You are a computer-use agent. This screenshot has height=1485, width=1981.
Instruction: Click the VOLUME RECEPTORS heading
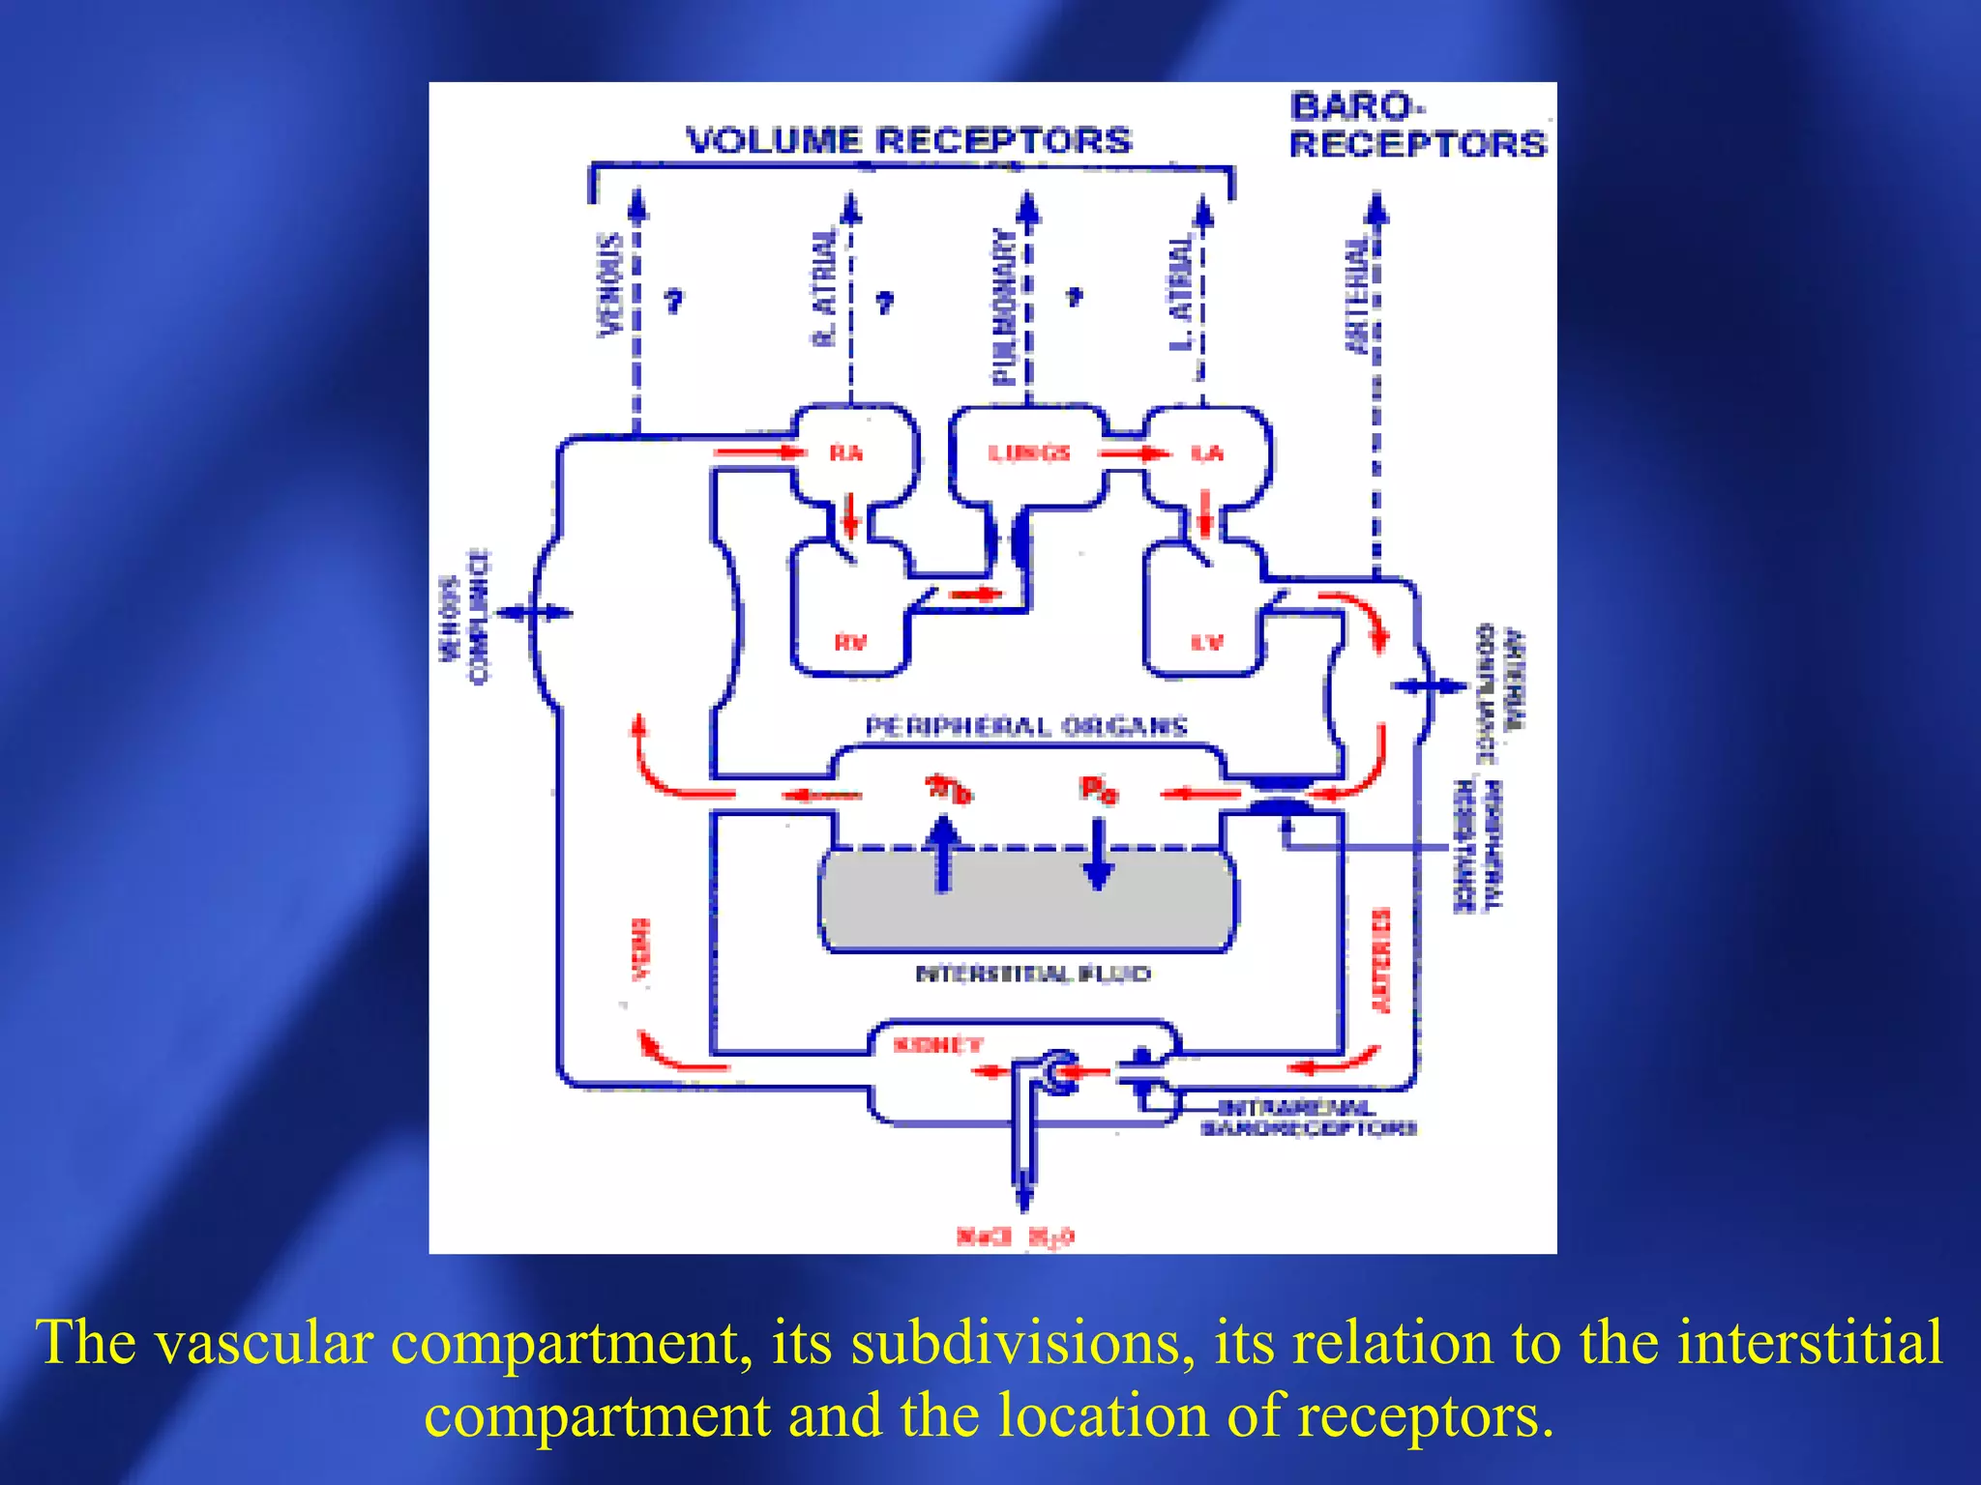[x=908, y=141]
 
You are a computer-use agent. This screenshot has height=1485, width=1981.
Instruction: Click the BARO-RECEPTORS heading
[x=1417, y=126]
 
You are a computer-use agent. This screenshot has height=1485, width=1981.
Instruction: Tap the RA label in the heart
[x=845, y=453]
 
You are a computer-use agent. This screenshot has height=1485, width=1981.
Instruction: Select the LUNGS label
[x=1028, y=453]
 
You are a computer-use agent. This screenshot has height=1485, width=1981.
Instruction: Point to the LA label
[x=1206, y=453]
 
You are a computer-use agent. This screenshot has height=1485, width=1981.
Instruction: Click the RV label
[x=850, y=642]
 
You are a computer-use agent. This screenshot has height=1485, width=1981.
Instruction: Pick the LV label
[x=1206, y=642]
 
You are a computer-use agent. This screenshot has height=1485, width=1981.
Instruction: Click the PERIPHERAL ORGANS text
[x=1025, y=726]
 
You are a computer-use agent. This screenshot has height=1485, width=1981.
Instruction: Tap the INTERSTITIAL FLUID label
[x=1032, y=974]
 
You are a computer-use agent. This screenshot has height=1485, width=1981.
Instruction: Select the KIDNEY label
[x=937, y=1045]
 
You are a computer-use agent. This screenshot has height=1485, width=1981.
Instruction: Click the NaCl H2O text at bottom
[x=1015, y=1237]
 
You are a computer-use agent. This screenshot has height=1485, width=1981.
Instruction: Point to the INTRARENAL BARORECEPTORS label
[x=1308, y=1118]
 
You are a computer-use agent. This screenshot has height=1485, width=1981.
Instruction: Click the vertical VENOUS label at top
[x=608, y=284]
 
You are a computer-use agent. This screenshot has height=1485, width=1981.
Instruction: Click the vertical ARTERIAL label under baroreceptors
[x=1357, y=295]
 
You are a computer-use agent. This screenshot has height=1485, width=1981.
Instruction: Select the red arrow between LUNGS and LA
[x=1133, y=453]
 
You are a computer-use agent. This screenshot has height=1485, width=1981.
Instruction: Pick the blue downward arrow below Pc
[x=1098, y=855]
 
